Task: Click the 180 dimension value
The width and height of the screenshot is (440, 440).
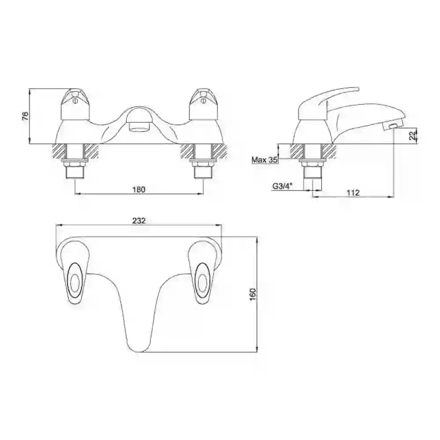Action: [139, 190]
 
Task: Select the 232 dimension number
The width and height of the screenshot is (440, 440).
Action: [139, 220]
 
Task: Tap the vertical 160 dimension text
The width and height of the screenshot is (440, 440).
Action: [253, 294]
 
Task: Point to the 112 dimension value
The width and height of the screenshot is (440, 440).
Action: [353, 193]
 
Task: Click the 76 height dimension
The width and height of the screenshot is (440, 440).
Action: [26, 116]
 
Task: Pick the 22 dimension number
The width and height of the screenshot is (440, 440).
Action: [412, 136]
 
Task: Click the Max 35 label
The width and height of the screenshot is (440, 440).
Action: [264, 160]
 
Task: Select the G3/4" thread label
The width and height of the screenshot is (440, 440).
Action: [282, 186]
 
